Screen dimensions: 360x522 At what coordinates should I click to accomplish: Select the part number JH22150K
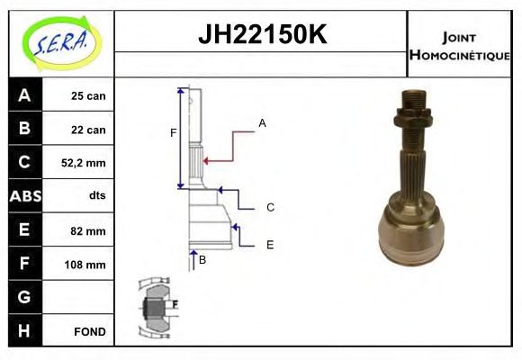(x=261, y=36)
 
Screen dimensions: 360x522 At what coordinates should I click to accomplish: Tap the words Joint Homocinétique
(x=459, y=45)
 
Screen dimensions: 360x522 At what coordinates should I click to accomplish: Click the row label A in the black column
(x=23, y=95)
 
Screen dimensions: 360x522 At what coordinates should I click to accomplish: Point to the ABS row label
(x=23, y=196)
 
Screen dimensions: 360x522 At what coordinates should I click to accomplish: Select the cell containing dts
(x=96, y=195)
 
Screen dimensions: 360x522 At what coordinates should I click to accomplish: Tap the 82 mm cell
(x=88, y=230)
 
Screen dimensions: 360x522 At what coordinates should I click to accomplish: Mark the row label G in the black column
(x=23, y=297)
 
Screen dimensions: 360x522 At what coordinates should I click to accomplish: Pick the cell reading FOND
(x=89, y=331)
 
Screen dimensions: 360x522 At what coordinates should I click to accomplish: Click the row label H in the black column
(x=23, y=331)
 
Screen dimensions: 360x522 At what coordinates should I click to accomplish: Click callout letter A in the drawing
(x=262, y=122)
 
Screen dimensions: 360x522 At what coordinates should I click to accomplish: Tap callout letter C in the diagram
(x=269, y=208)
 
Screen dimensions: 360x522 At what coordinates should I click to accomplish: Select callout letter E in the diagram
(x=269, y=244)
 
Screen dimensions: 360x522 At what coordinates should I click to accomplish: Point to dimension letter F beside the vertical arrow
(x=173, y=134)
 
